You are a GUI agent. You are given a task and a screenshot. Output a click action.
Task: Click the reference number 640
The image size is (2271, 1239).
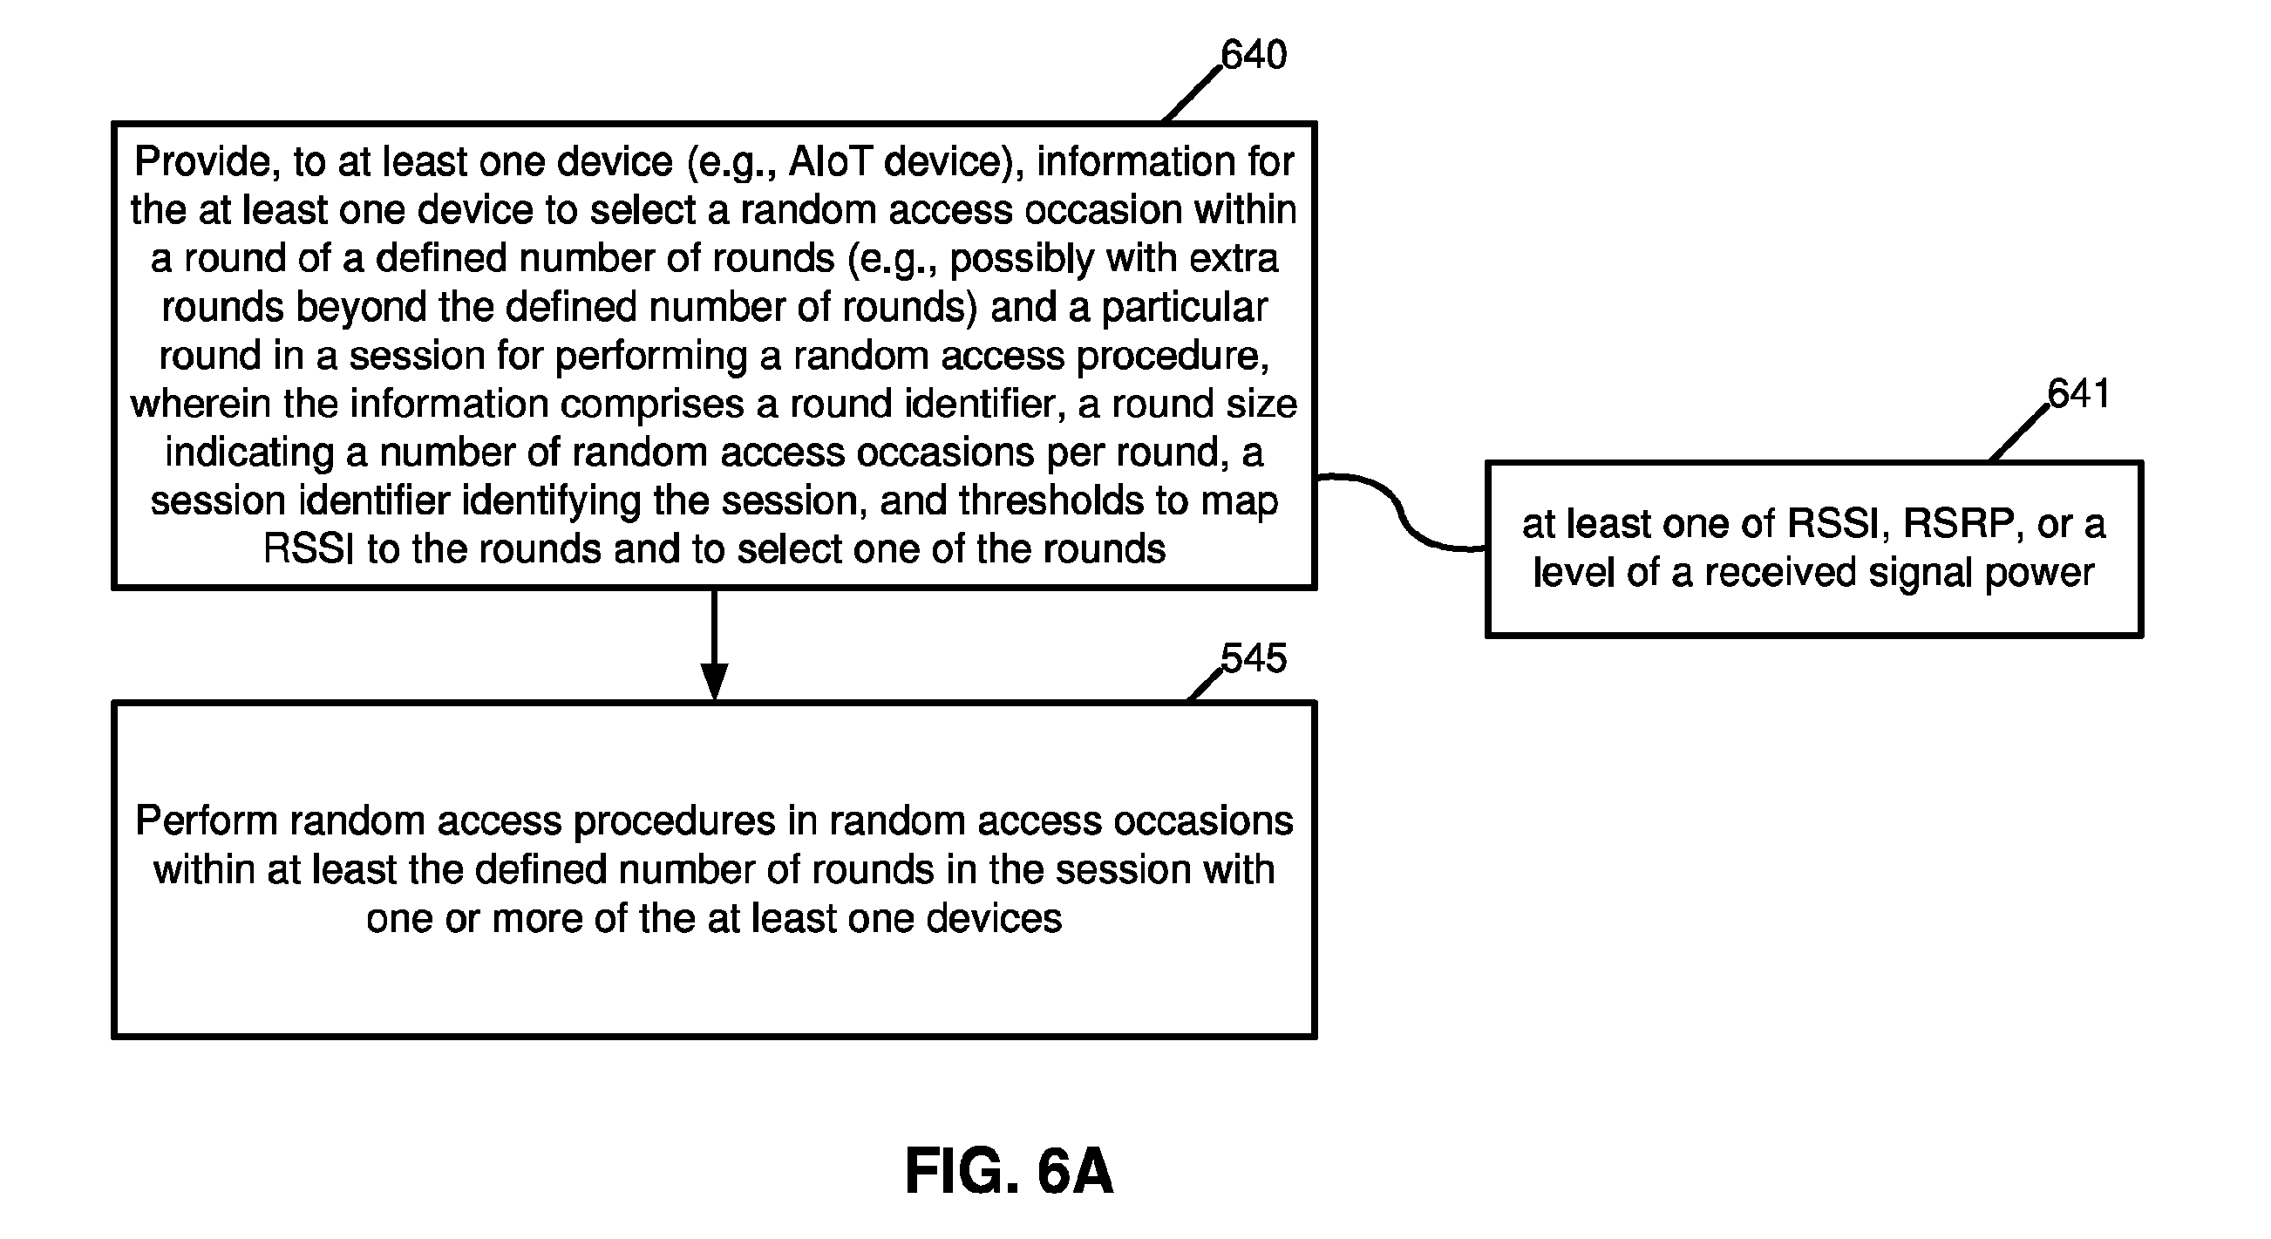click(1254, 55)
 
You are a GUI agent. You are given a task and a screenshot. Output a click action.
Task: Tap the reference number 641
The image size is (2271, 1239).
click(2080, 393)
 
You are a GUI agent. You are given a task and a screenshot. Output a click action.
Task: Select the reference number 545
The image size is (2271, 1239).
click(1254, 657)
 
